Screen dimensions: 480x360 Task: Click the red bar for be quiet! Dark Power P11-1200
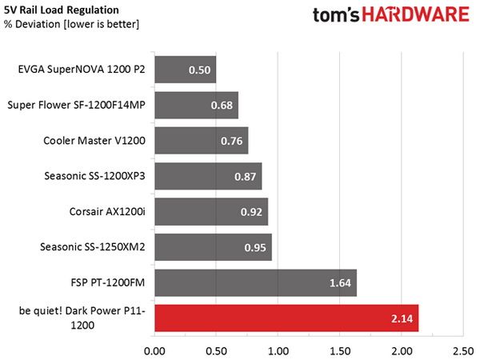(x=286, y=318)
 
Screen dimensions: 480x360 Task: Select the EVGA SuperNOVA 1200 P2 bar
(x=186, y=70)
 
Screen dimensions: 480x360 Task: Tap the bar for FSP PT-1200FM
(x=256, y=282)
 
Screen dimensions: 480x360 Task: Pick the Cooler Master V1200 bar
(x=202, y=141)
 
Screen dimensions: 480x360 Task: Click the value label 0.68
(x=222, y=106)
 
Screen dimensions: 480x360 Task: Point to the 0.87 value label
(x=246, y=177)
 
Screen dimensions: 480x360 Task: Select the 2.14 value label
(x=402, y=318)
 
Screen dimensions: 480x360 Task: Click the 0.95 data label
(x=255, y=247)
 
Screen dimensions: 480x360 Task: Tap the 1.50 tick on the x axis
(x=340, y=351)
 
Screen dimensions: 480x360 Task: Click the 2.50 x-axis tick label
(x=463, y=351)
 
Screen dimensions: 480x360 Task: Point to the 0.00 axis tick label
(x=154, y=351)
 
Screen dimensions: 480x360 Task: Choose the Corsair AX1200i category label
(x=107, y=211)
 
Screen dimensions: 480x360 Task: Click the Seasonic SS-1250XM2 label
(x=93, y=246)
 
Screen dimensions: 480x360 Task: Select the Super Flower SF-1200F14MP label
(x=76, y=105)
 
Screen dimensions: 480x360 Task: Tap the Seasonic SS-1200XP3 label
(x=94, y=176)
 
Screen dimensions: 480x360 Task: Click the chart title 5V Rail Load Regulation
(x=62, y=10)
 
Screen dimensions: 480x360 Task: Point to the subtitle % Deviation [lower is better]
(x=72, y=24)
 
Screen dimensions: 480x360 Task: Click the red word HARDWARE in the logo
(x=416, y=14)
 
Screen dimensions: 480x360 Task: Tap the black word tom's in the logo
(x=336, y=14)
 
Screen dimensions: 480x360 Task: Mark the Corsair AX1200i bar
(x=211, y=211)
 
